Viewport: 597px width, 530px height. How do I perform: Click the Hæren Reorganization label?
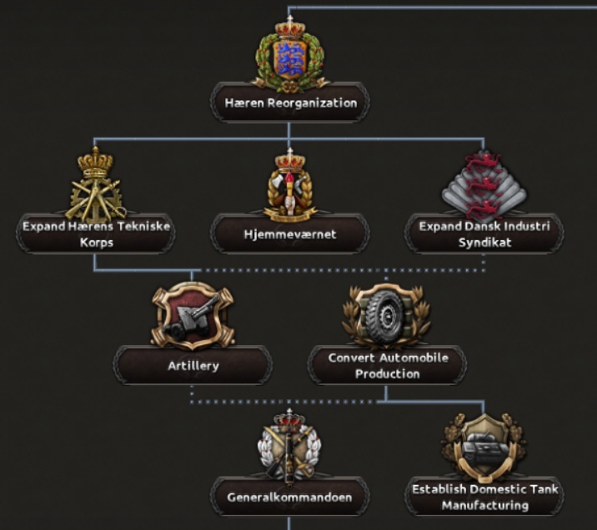[291, 103]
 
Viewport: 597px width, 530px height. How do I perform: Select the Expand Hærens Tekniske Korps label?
[97, 234]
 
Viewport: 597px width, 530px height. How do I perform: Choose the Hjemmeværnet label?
[290, 234]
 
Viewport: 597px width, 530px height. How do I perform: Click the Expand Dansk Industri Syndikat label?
[484, 234]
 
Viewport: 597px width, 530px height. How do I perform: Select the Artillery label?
[193, 366]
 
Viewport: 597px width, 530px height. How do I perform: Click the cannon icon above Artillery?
[193, 317]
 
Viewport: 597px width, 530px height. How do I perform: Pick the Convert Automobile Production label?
[388, 366]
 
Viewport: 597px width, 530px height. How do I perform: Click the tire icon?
[386, 316]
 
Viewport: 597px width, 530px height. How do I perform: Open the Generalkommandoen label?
[289, 497]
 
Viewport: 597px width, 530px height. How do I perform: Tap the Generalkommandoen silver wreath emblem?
[289, 447]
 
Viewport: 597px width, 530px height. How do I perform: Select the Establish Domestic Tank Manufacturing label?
[485, 497]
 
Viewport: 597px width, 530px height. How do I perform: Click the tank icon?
[484, 447]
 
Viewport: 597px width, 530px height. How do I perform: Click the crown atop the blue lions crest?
[290, 27]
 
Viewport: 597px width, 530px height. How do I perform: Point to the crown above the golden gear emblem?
[95, 162]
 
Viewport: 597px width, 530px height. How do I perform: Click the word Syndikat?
[484, 242]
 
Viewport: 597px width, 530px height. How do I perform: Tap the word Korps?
[97, 242]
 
